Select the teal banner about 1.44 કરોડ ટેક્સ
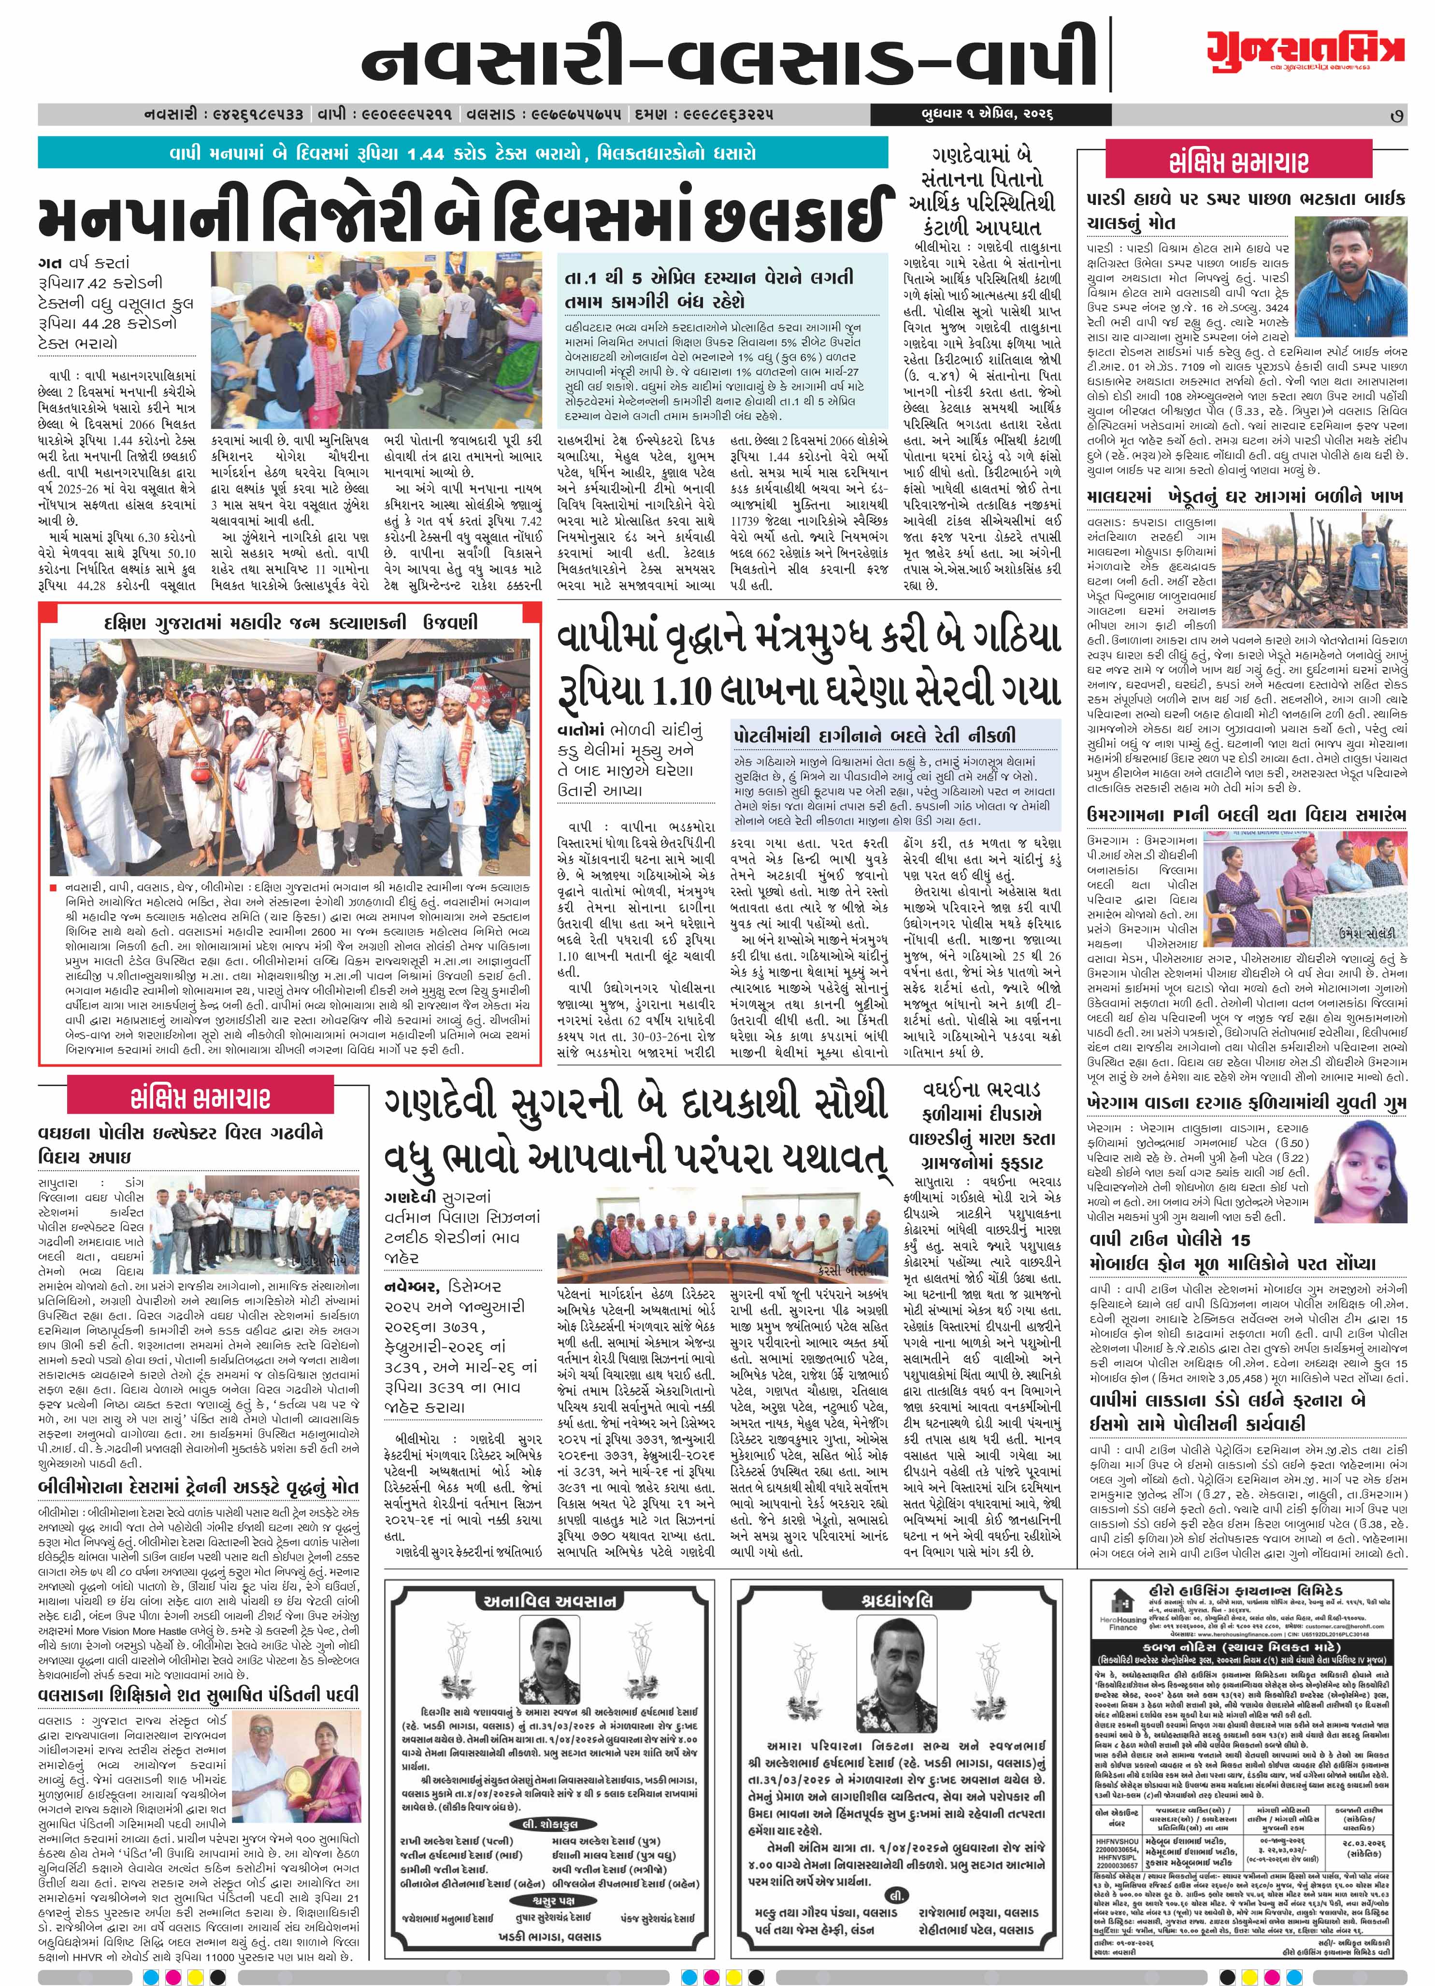pyautogui.click(x=462, y=153)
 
